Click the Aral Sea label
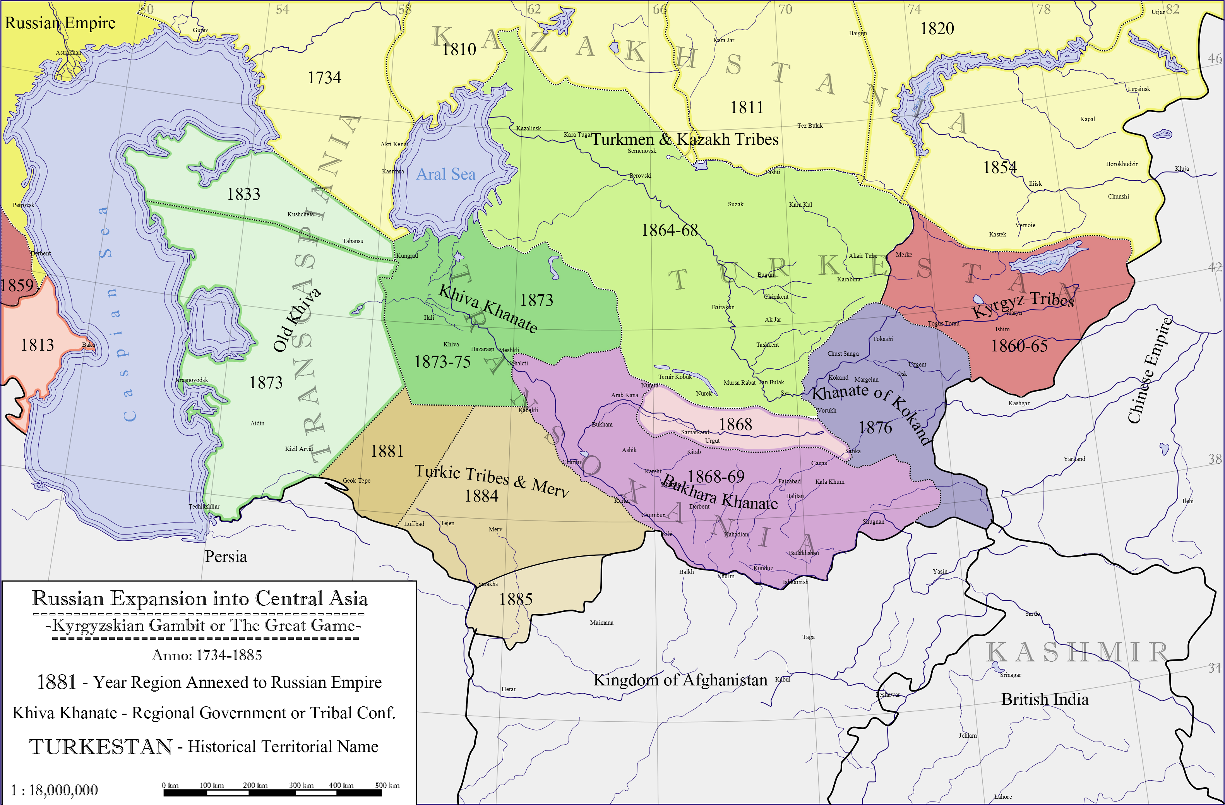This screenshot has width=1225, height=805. pos(446,175)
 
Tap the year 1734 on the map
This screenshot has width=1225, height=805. pos(324,78)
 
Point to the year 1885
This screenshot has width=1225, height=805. pos(516,599)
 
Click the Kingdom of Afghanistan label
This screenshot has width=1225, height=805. pos(680,680)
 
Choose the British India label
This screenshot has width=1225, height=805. pos(1045,699)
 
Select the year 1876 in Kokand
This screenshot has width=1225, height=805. pos(875,428)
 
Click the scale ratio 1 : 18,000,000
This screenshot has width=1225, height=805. pos(54,790)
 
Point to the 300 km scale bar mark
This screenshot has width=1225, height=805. pos(301,785)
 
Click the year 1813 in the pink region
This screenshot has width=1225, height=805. pos(37,345)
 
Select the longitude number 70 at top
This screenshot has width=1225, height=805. pos(785,9)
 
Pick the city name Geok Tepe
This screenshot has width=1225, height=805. pos(356,481)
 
